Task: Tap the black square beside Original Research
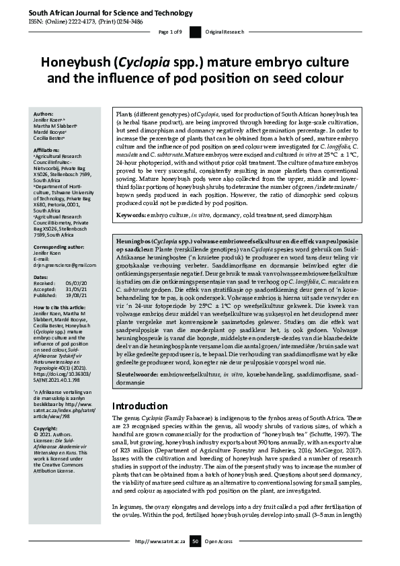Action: pyautogui.click(x=195, y=32)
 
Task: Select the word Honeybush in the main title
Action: pyautogui.click(x=75, y=64)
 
